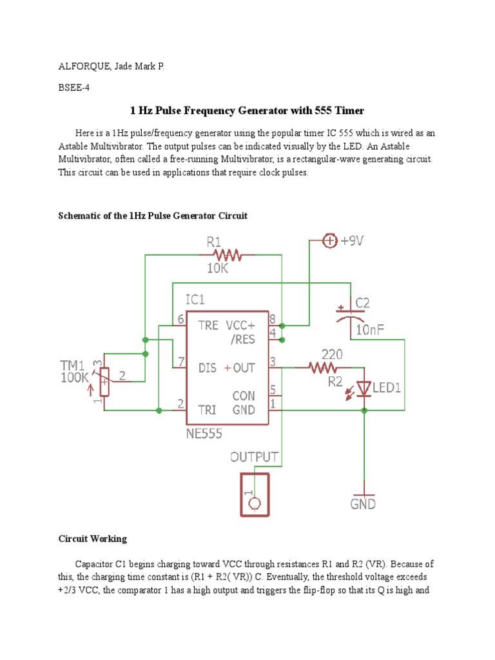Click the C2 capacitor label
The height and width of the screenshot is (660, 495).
point(362,303)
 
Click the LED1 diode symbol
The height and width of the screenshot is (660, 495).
point(365,389)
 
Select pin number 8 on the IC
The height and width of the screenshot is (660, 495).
point(273,318)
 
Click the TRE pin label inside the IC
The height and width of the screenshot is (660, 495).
point(208,325)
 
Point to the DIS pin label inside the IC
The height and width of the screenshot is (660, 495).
point(208,367)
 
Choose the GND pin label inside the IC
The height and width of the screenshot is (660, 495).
point(244,410)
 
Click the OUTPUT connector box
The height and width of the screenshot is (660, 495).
point(255,495)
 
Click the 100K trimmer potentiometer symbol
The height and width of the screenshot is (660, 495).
point(102,382)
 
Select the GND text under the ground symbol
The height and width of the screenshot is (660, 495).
point(363,504)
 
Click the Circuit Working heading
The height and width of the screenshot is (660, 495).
point(93,538)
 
